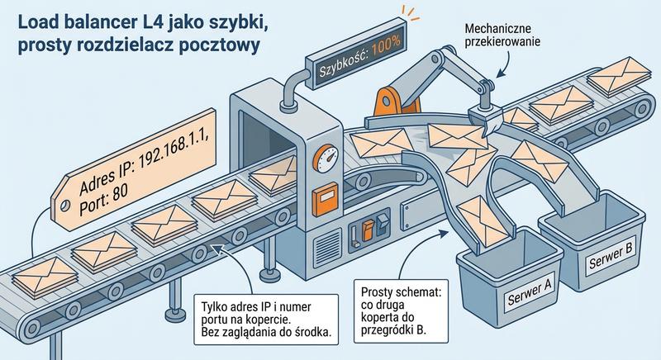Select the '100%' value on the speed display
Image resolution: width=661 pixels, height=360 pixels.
point(386,64)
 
